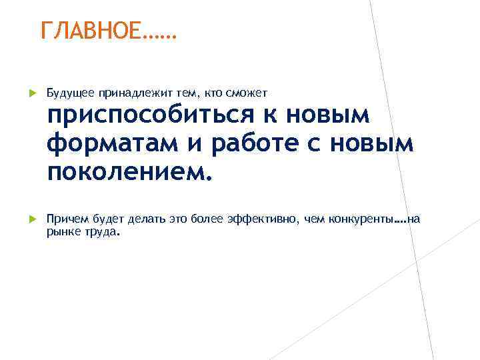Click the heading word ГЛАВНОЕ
(x=91, y=31)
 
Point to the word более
(x=206, y=220)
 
